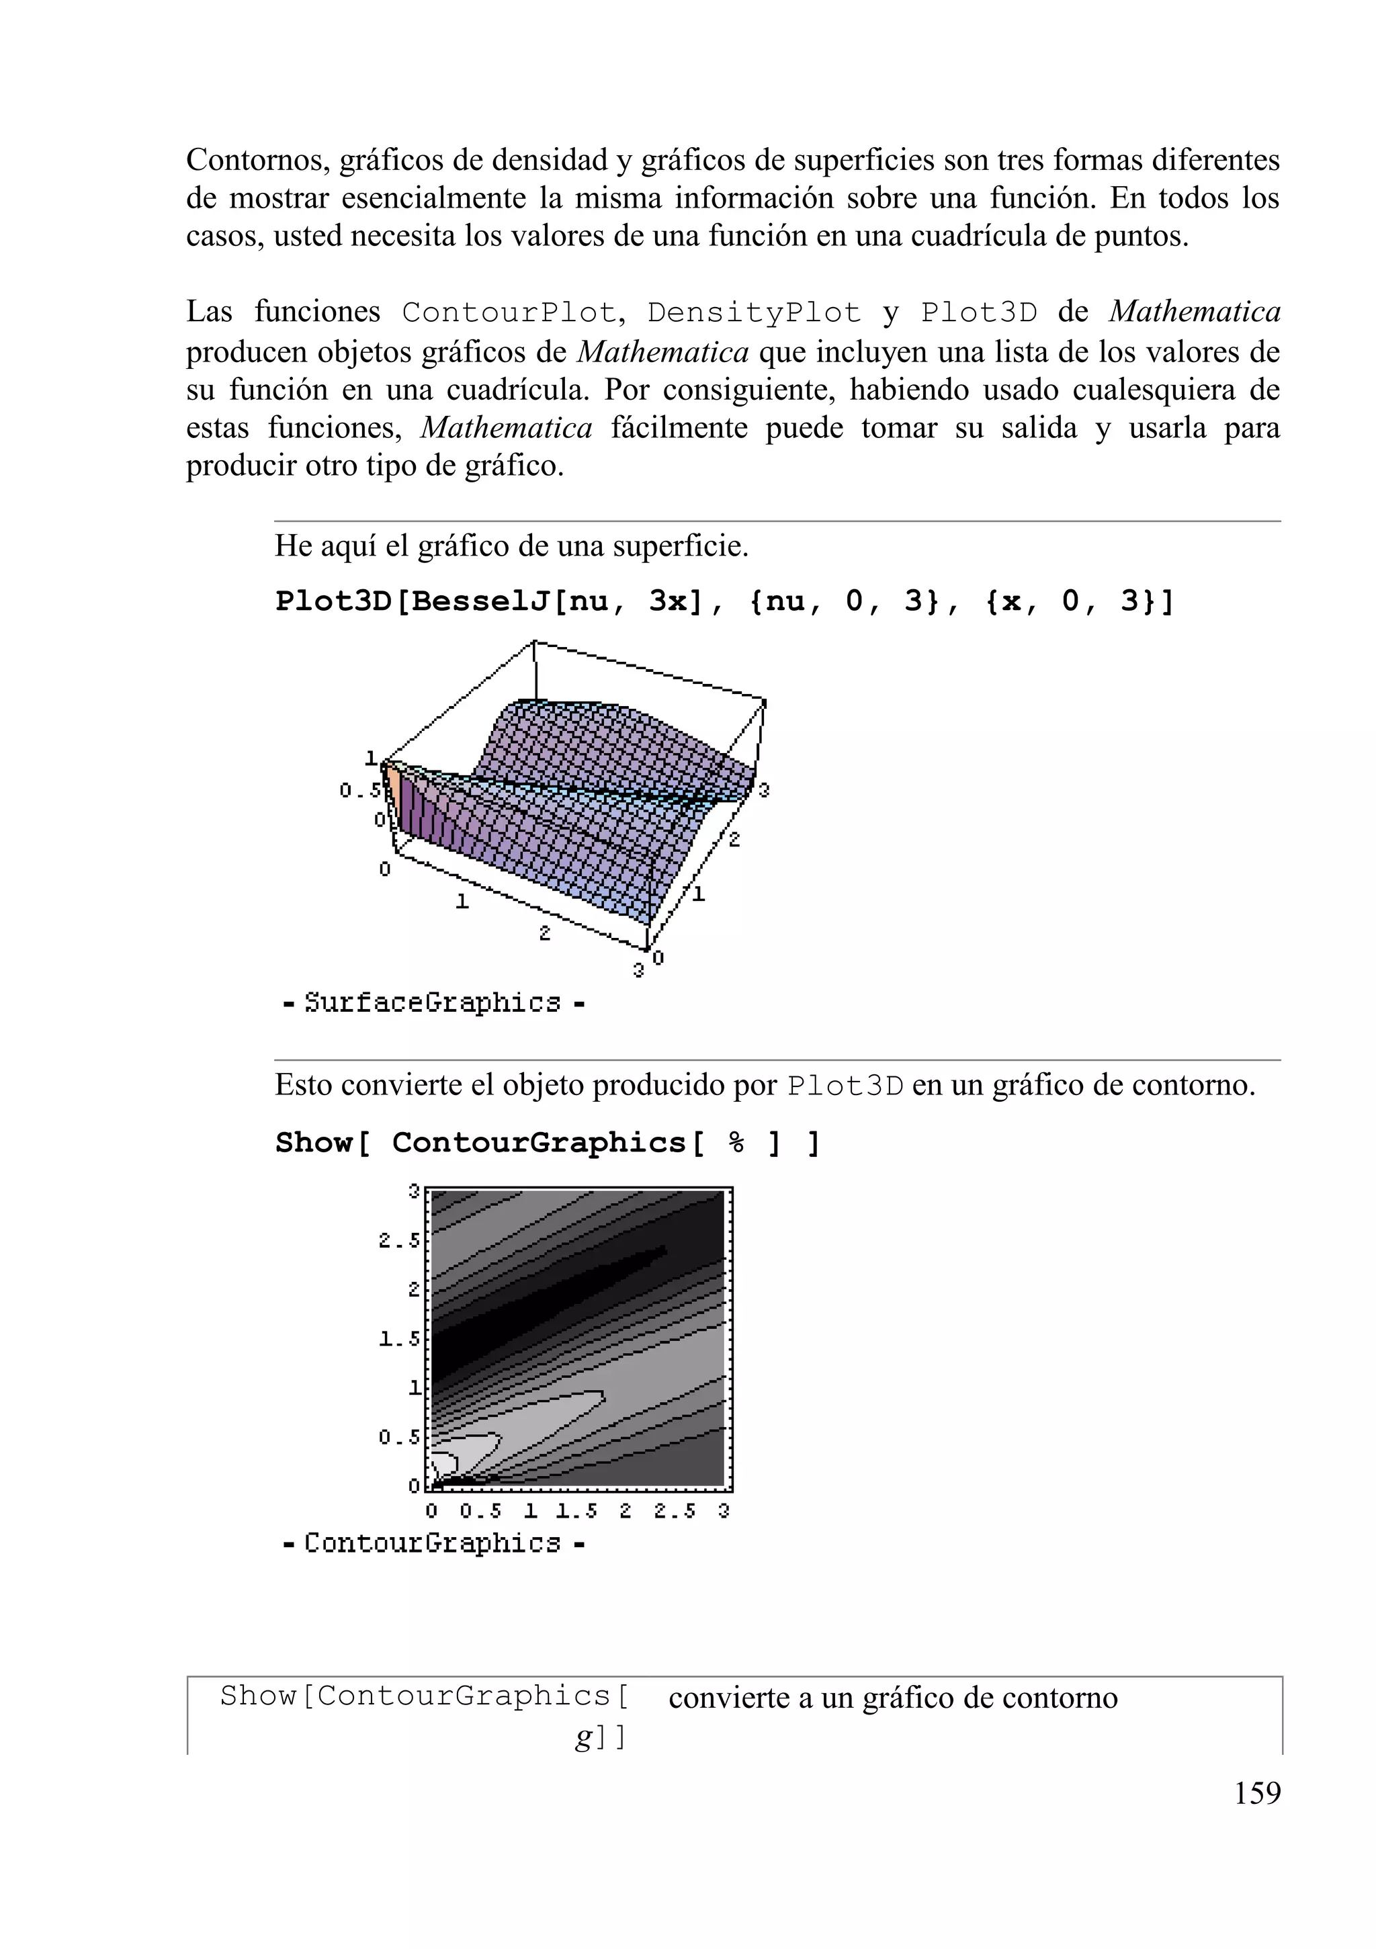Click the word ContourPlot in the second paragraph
pos(509,313)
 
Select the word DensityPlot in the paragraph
pos(754,313)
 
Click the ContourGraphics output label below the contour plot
pos(432,1543)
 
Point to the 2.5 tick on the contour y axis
pos(398,1241)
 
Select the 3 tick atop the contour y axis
pos(415,1191)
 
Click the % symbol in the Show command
pos(736,1143)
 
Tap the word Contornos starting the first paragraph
pos(257,160)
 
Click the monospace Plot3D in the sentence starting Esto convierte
pos(845,1086)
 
